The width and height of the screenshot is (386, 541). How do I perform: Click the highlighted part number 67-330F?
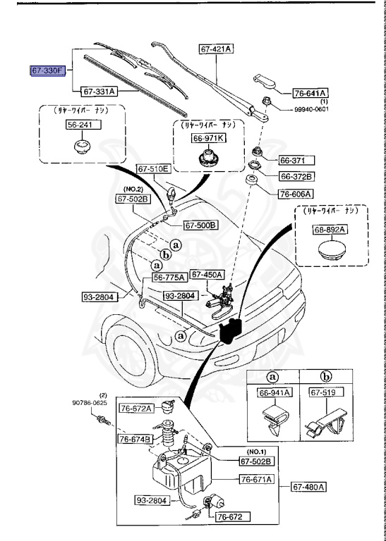pyautogui.click(x=47, y=71)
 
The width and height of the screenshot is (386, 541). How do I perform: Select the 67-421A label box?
pyautogui.click(x=217, y=49)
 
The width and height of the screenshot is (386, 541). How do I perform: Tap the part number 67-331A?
pyautogui.click(x=99, y=92)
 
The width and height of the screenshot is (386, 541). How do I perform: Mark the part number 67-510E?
pyautogui.click(x=153, y=169)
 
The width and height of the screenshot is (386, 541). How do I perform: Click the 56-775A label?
pyautogui.click(x=169, y=278)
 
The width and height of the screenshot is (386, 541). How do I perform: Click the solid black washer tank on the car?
pyautogui.click(x=231, y=330)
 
